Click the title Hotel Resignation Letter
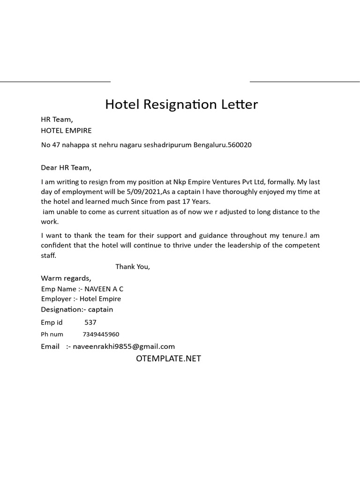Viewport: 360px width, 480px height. pyautogui.click(x=181, y=104)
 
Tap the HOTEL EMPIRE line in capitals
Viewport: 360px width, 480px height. pyautogui.click(x=66, y=130)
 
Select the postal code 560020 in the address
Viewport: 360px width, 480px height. pyautogui.click(x=240, y=145)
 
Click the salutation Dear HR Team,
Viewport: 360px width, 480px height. pyautogui.click(x=66, y=167)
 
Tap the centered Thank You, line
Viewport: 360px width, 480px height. pyautogui.click(x=133, y=267)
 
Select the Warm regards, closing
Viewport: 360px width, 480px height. pyautogui.click(x=66, y=278)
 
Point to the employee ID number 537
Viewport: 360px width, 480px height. pyautogui.click(x=90, y=322)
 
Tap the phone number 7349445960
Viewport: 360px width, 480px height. pyautogui.click(x=101, y=335)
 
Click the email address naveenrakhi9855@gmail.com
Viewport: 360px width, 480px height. pyautogui.click(x=124, y=346)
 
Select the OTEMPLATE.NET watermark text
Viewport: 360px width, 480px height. pyautogui.click(x=168, y=359)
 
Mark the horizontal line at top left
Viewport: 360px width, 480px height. pyautogui.click(x=55, y=82)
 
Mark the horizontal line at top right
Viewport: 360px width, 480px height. pyautogui.click(x=305, y=82)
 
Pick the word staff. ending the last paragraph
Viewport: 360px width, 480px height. pyautogui.click(x=48, y=255)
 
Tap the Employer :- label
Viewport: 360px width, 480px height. pyautogui.click(x=59, y=299)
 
